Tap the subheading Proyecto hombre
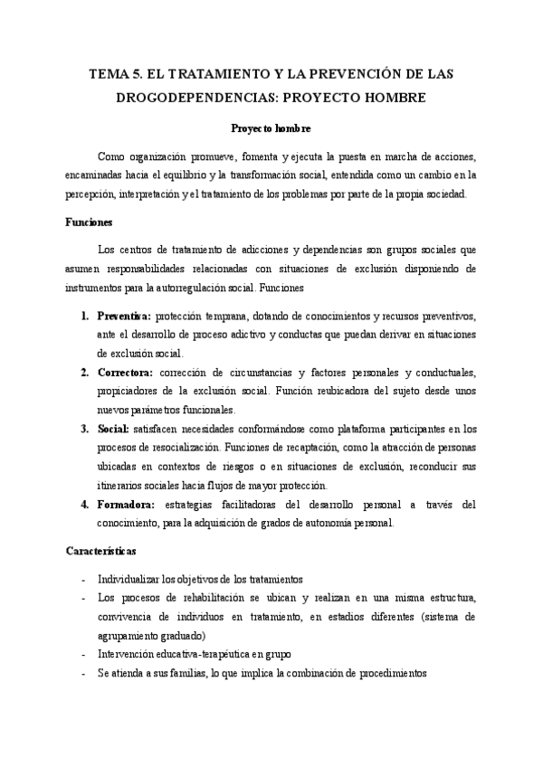click(x=271, y=128)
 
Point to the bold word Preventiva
click(x=124, y=317)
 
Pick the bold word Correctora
click(x=125, y=372)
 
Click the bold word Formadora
click(x=126, y=504)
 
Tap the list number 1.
click(x=83, y=317)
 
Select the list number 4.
click(x=83, y=504)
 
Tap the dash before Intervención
click(x=83, y=654)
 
